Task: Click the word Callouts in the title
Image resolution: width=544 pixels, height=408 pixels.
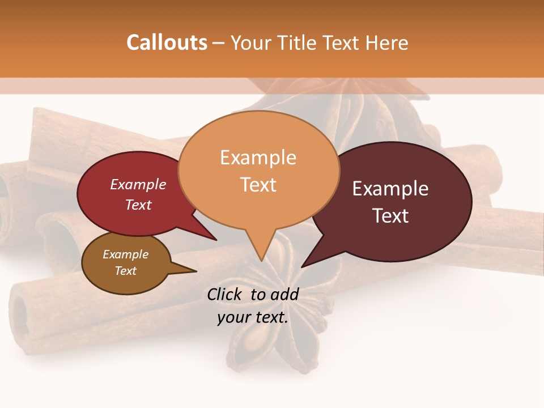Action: click(x=167, y=42)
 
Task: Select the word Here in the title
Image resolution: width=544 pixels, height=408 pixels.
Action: click(x=386, y=42)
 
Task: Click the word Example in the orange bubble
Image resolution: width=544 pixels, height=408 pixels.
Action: click(x=258, y=158)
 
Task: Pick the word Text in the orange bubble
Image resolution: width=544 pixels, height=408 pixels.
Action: click(x=258, y=185)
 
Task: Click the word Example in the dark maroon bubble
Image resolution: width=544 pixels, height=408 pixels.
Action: click(x=390, y=189)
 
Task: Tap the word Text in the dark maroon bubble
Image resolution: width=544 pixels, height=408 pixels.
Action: click(x=390, y=216)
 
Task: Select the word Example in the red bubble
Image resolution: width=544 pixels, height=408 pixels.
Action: click(x=138, y=184)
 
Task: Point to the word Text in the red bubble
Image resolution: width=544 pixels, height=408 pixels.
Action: click(x=138, y=205)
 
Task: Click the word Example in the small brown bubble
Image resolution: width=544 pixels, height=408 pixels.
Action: click(x=125, y=254)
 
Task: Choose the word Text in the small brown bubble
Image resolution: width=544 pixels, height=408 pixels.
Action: click(x=125, y=271)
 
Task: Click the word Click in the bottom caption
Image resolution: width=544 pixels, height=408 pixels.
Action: click(x=225, y=294)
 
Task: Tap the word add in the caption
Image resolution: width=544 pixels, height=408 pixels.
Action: click(x=285, y=294)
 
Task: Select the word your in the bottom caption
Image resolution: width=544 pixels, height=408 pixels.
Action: click(x=233, y=318)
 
